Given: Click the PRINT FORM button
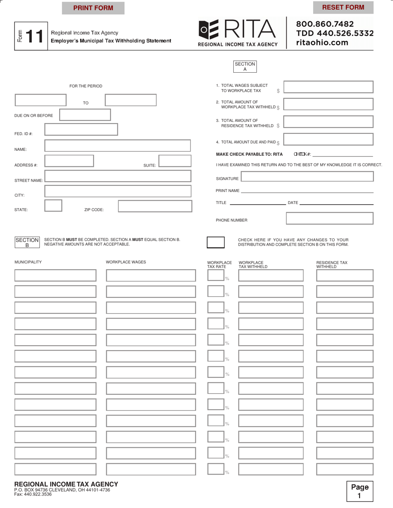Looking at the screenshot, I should tap(93, 8).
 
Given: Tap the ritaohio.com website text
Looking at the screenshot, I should tap(322, 42).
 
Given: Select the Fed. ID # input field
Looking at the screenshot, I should tap(81, 129).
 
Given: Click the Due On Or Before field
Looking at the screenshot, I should tap(85, 115).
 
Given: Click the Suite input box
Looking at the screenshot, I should tap(175, 161).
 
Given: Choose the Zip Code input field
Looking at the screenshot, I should tap(155, 206).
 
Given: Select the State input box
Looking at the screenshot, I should tap(53, 206).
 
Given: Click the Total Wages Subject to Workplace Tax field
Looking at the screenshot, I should tap(328, 87).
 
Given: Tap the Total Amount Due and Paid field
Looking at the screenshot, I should tap(328, 139).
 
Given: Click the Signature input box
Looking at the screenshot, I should tap(307, 177).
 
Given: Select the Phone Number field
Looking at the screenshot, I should tap(329, 218).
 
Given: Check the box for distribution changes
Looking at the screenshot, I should tap(216, 242).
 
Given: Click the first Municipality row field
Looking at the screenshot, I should tap(55, 275).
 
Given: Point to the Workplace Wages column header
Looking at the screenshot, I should tap(126, 262).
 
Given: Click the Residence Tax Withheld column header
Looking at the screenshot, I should tap(332, 264).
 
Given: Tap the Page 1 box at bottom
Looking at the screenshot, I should tap(359, 491).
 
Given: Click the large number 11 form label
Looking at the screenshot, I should tap(35, 37).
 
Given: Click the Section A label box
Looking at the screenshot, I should tap(245, 66).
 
